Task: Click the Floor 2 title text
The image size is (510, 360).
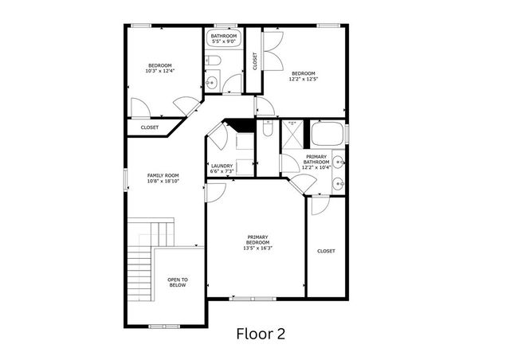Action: pos(260,334)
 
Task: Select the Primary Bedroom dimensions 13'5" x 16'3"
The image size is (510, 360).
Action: pos(257,248)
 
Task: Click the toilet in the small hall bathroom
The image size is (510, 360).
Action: pos(214,62)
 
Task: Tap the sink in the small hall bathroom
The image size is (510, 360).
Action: pos(212,81)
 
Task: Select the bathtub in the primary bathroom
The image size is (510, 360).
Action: pos(327,132)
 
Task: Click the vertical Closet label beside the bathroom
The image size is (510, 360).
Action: pos(254,61)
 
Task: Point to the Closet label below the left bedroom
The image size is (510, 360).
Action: pos(150,127)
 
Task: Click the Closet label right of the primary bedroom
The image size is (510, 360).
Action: pos(326,251)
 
